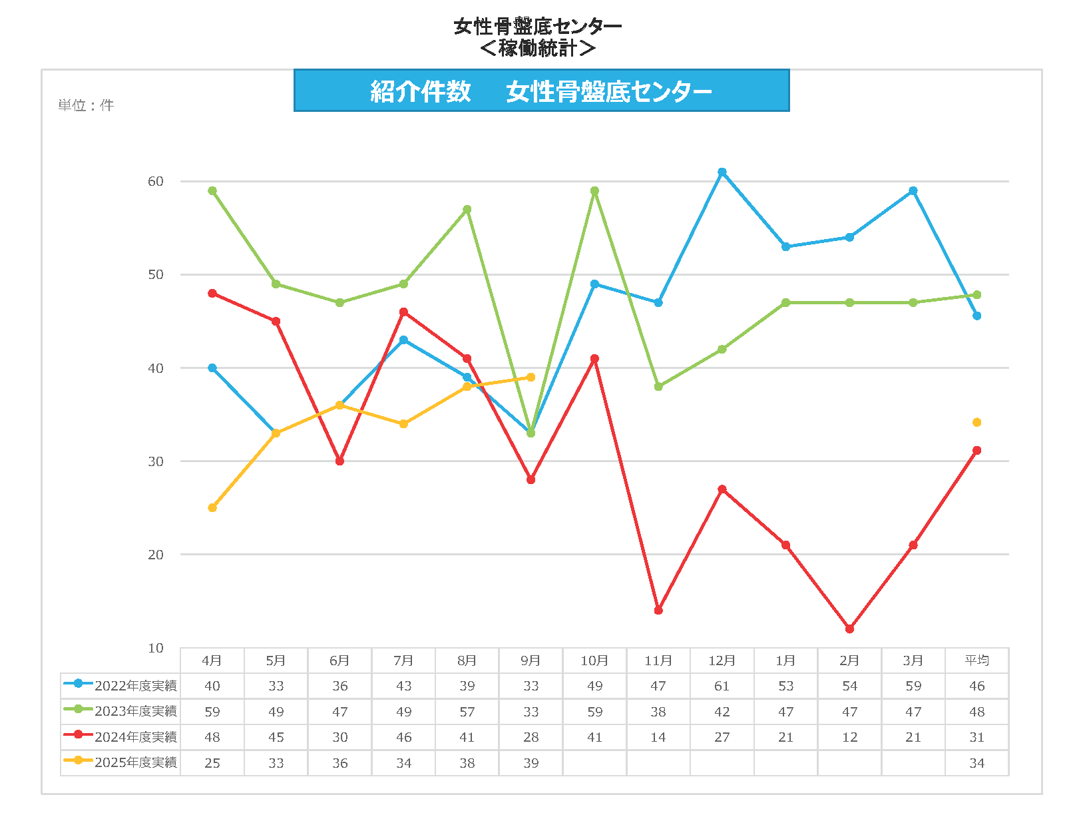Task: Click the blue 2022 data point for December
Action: (722, 172)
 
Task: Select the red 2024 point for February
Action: (849, 629)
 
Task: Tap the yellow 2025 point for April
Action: (212, 508)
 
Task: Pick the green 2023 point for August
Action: (467, 210)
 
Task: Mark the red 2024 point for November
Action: (658, 611)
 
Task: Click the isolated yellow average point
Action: (976, 423)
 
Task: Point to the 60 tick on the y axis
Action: (155, 182)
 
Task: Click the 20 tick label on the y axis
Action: (155, 555)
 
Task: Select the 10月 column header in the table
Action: (594, 661)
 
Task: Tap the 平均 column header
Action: (976, 661)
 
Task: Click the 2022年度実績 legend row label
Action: (136, 686)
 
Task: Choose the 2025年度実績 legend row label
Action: (136, 762)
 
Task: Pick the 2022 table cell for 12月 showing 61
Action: (722, 686)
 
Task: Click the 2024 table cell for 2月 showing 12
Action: (849, 737)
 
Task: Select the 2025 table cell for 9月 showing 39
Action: (531, 763)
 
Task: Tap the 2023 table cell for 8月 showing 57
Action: (467, 712)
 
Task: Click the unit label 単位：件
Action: (86, 105)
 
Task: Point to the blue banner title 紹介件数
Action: (421, 91)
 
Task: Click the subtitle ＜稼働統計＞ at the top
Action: (537, 48)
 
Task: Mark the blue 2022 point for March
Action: (913, 191)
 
